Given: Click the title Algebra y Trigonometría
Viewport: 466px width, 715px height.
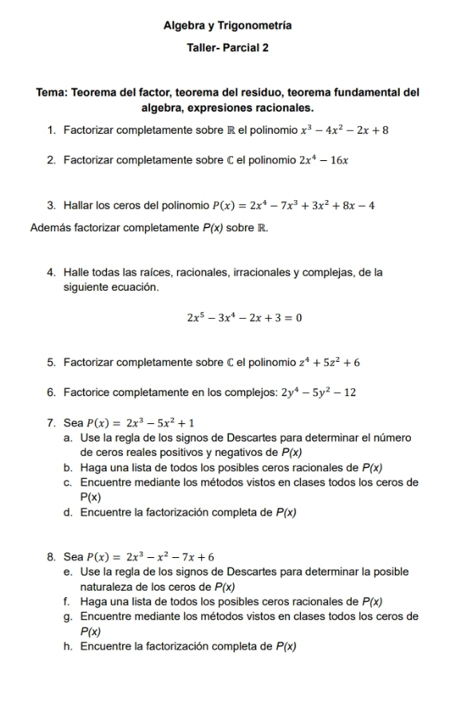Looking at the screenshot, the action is (x=227, y=26).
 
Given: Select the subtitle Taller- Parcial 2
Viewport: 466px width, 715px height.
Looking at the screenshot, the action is (x=227, y=48).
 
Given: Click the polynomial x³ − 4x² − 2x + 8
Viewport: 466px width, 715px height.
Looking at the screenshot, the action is (x=344, y=130).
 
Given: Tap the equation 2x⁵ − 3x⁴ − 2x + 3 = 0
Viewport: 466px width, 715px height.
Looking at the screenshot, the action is (x=244, y=318).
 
